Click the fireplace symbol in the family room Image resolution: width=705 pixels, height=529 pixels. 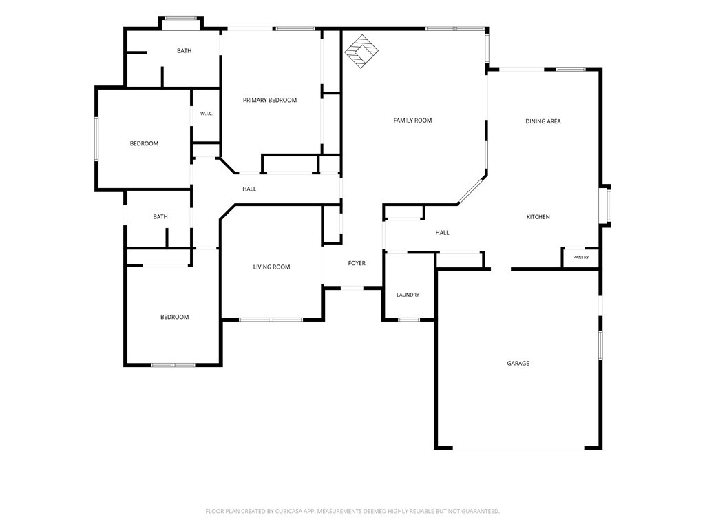point(361,51)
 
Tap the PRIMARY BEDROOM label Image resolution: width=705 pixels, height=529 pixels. point(270,101)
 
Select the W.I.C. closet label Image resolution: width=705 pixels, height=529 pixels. point(207,114)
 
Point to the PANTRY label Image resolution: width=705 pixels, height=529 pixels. point(581,258)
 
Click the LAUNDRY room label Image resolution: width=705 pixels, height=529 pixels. point(408,295)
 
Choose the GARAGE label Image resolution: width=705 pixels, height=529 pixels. point(518,364)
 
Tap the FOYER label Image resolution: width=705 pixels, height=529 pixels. point(357,263)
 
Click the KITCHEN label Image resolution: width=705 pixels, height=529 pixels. point(538,217)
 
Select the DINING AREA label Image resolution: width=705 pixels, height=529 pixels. point(543,121)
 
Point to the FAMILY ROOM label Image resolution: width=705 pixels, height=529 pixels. point(412,121)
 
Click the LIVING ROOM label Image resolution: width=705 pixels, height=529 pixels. point(271,267)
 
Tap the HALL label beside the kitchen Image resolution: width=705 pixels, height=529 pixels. point(442,233)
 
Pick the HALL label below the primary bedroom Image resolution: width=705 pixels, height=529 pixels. point(249,189)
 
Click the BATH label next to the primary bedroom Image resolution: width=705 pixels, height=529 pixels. point(184,51)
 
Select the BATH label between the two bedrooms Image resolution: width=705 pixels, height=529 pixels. point(160,217)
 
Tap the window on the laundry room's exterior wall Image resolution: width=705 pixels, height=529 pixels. point(409,320)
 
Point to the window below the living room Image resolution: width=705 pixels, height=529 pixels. point(271,320)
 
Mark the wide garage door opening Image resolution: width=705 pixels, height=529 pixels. point(518,448)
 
